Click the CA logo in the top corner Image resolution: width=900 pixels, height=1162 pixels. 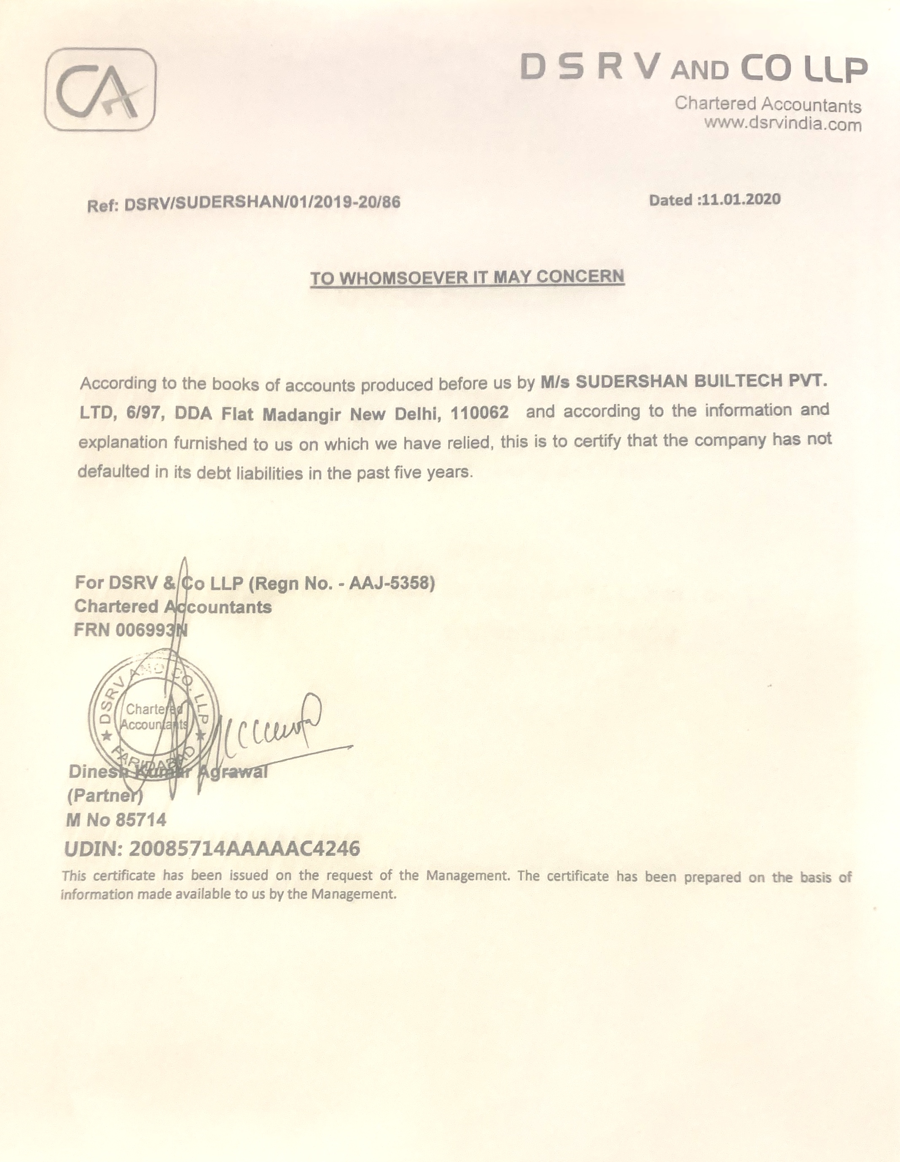click(100, 89)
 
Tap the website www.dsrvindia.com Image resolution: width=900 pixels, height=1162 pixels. click(782, 124)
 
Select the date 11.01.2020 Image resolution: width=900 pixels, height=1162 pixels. click(741, 200)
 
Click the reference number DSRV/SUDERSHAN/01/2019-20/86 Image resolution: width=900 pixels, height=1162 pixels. click(262, 203)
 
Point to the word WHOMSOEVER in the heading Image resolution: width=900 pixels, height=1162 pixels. click(403, 278)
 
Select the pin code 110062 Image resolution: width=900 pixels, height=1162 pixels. click(479, 412)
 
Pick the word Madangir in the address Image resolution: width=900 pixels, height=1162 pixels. click(301, 414)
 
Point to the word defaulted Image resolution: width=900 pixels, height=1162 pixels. click(114, 472)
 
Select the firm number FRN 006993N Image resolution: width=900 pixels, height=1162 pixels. click(131, 630)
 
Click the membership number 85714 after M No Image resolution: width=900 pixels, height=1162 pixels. click(141, 820)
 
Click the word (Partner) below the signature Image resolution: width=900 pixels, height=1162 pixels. click(105, 796)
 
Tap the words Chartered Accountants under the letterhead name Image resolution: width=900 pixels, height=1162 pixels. click(768, 104)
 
